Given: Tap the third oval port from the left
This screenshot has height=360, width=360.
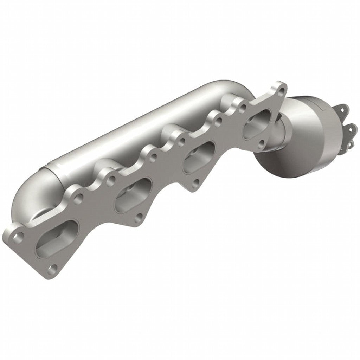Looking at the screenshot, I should pos(199,156).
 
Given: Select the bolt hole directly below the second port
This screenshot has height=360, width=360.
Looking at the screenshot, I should pos(139,217).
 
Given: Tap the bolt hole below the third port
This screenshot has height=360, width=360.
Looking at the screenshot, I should pos(197,182).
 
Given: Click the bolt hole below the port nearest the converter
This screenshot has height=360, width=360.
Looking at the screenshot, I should pos(261,144).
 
